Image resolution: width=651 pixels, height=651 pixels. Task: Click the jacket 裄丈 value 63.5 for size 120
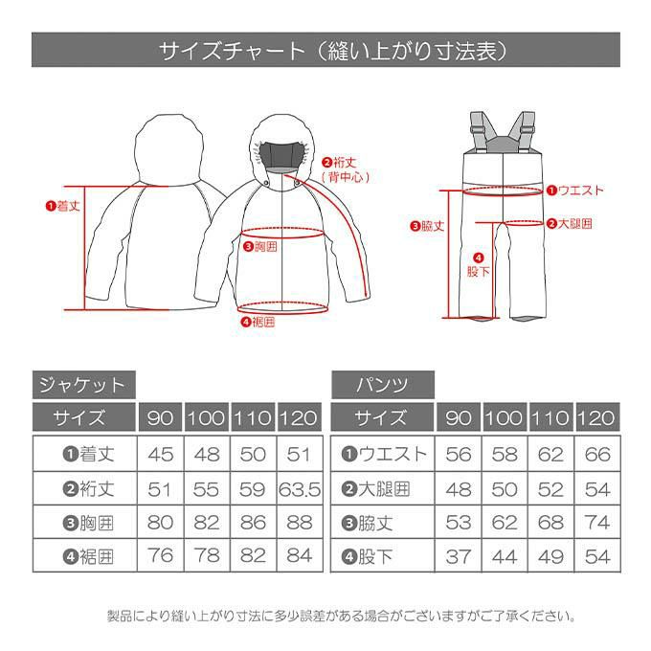pyautogui.click(x=300, y=489)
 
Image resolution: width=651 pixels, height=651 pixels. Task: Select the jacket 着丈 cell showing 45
pyautogui.click(x=160, y=454)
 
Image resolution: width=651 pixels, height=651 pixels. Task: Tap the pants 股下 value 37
pyautogui.click(x=459, y=557)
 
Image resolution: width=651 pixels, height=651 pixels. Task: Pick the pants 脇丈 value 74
pyautogui.click(x=597, y=523)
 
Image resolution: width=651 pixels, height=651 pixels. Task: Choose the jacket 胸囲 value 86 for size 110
pyautogui.click(x=253, y=523)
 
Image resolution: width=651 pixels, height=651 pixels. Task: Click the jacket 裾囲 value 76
pyautogui.click(x=160, y=555)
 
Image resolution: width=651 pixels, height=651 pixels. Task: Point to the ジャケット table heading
pyautogui.click(x=82, y=385)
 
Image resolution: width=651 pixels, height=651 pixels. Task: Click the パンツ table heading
pyautogui.click(x=382, y=385)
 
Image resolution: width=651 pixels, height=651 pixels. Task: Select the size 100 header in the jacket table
pyautogui.click(x=207, y=417)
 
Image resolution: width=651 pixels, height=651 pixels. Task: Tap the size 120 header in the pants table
pyautogui.click(x=596, y=417)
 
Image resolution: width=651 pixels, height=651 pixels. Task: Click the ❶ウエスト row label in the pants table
pyautogui.click(x=384, y=454)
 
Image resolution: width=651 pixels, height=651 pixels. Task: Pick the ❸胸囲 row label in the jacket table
pyautogui.click(x=88, y=523)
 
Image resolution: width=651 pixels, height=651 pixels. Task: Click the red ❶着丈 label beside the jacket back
pyautogui.click(x=62, y=206)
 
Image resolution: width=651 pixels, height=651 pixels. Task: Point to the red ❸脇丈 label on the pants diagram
pyautogui.click(x=427, y=226)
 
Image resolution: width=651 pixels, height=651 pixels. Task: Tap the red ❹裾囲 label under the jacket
pyautogui.click(x=258, y=322)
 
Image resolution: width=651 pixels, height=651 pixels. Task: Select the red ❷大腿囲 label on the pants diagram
pyautogui.click(x=570, y=224)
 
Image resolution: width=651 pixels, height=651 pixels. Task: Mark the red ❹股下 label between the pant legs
pyautogui.click(x=479, y=265)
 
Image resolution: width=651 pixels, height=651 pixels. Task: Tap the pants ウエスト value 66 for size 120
pyautogui.click(x=597, y=454)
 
